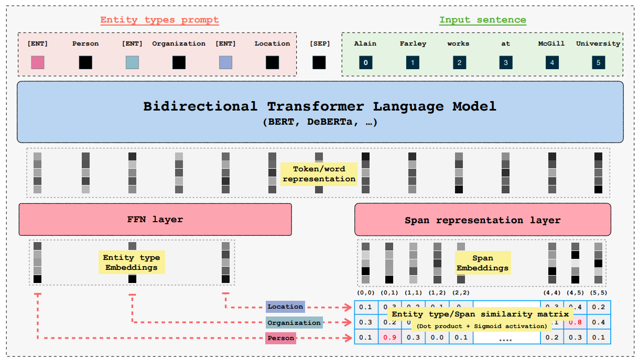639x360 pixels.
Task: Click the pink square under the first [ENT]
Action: click(x=38, y=63)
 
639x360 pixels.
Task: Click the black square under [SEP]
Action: click(x=319, y=63)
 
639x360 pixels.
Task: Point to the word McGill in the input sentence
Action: click(x=551, y=43)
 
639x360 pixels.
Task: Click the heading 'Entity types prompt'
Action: click(x=159, y=20)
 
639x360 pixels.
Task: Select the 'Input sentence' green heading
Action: click(x=482, y=20)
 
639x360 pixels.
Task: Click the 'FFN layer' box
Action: click(x=155, y=219)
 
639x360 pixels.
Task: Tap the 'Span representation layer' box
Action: click(x=482, y=220)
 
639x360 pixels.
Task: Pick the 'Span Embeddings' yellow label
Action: click(x=482, y=263)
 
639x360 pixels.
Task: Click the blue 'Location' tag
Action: click(x=285, y=307)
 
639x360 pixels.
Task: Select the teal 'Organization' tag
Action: click(x=294, y=323)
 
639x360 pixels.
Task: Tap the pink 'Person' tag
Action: click(x=280, y=339)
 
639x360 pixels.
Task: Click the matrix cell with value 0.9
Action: click(x=389, y=337)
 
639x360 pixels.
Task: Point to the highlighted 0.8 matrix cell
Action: click(x=575, y=322)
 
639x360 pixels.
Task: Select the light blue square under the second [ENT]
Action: click(x=132, y=63)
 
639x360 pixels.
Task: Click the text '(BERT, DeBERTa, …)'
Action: click(x=320, y=122)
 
